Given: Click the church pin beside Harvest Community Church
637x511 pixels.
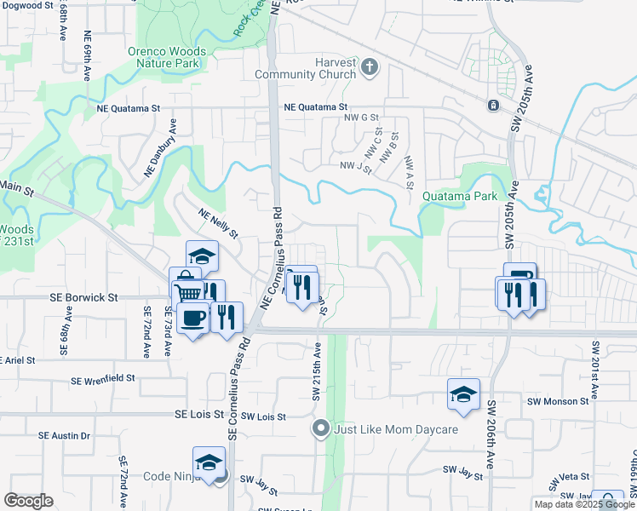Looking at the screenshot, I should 369,67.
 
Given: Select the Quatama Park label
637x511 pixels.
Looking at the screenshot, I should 459,196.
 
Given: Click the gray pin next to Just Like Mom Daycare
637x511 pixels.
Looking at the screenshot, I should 320,428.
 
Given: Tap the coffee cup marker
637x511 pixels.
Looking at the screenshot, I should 194,317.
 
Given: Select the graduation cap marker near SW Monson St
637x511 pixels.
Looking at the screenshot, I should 463,394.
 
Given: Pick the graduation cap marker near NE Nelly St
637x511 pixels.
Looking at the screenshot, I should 203,256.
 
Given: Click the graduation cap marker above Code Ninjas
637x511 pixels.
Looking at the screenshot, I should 209,462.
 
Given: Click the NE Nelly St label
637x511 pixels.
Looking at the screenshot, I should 219,223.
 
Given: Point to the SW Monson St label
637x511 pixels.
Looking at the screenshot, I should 559,400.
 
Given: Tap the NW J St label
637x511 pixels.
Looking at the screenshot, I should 356,167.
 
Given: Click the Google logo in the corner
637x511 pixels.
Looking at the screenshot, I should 28,500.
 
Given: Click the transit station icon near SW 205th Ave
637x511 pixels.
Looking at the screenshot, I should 493,106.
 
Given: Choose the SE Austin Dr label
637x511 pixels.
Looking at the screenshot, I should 65,435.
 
